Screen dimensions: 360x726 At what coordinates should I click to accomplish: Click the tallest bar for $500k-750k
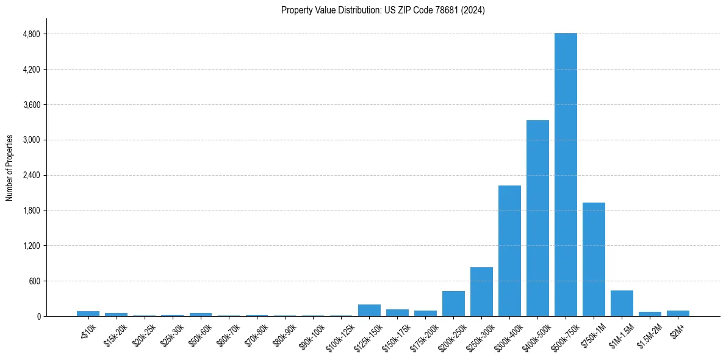click(x=566, y=175)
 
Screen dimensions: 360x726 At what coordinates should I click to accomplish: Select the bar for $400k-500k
click(x=537, y=218)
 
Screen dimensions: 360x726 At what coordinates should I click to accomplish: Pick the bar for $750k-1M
click(x=594, y=259)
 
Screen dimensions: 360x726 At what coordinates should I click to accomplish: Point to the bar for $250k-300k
click(x=481, y=292)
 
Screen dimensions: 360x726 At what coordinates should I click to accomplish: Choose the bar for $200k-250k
click(x=453, y=304)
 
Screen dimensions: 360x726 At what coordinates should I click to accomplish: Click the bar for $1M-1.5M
click(x=622, y=303)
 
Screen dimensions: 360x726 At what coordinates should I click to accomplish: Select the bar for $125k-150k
click(x=369, y=311)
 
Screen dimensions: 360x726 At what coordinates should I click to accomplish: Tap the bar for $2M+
click(x=678, y=314)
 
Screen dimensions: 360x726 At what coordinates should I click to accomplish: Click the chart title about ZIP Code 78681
click(x=383, y=10)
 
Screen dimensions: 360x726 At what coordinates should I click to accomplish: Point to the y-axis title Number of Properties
click(x=10, y=168)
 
